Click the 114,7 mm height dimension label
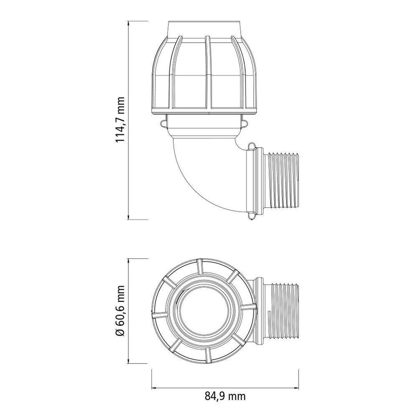click(x=120, y=120)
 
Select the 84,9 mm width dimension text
click(x=224, y=395)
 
